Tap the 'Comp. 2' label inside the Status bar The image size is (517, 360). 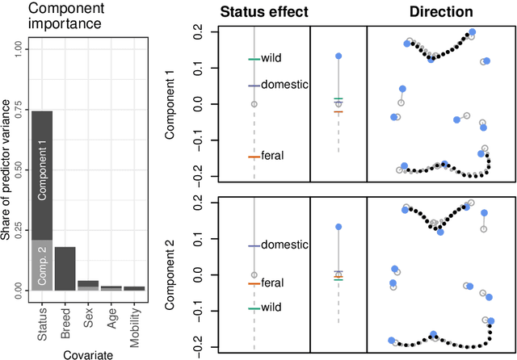click(41, 265)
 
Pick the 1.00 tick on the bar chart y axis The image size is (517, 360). click(15, 49)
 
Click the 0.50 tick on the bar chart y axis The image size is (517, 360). click(15, 170)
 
